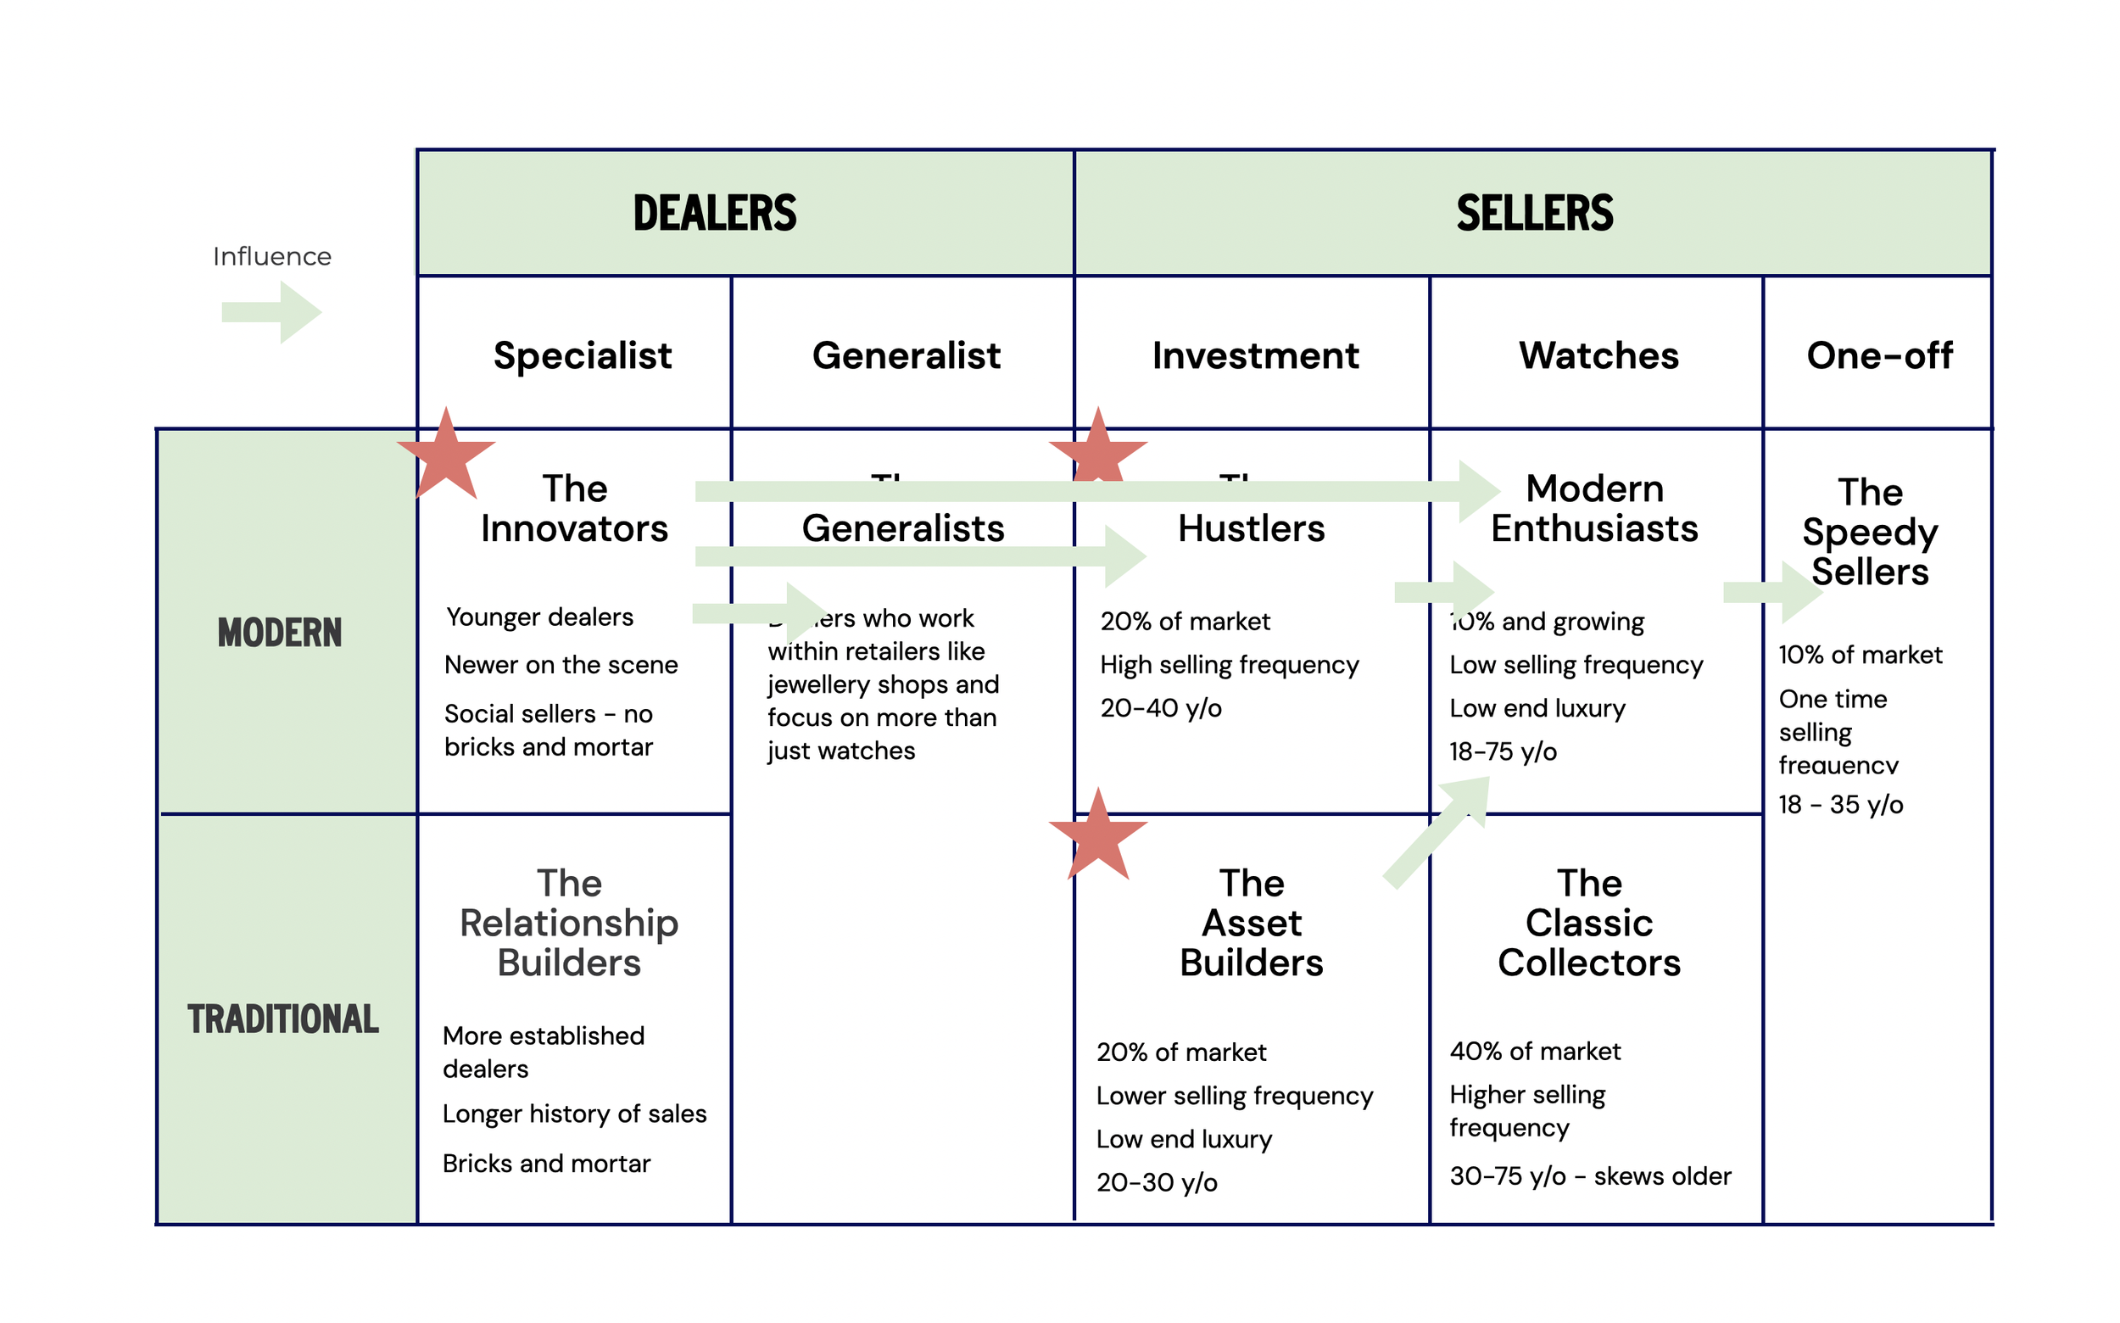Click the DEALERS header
click(714, 214)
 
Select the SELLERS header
click(1534, 214)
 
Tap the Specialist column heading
click(583, 355)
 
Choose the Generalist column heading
click(906, 355)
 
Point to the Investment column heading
click(1255, 355)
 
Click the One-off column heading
click(1878, 355)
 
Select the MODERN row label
click(279, 633)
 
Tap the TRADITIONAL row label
click(282, 1019)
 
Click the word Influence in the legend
click(272, 256)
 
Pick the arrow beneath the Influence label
click(272, 311)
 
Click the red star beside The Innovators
click(446, 456)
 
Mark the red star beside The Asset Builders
click(1097, 835)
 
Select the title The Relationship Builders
click(569, 922)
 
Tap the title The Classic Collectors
click(1588, 922)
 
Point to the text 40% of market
click(1534, 1051)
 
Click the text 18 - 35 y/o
click(1840, 804)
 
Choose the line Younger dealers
click(539, 617)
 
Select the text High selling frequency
click(1229, 665)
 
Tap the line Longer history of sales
click(574, 1114)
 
